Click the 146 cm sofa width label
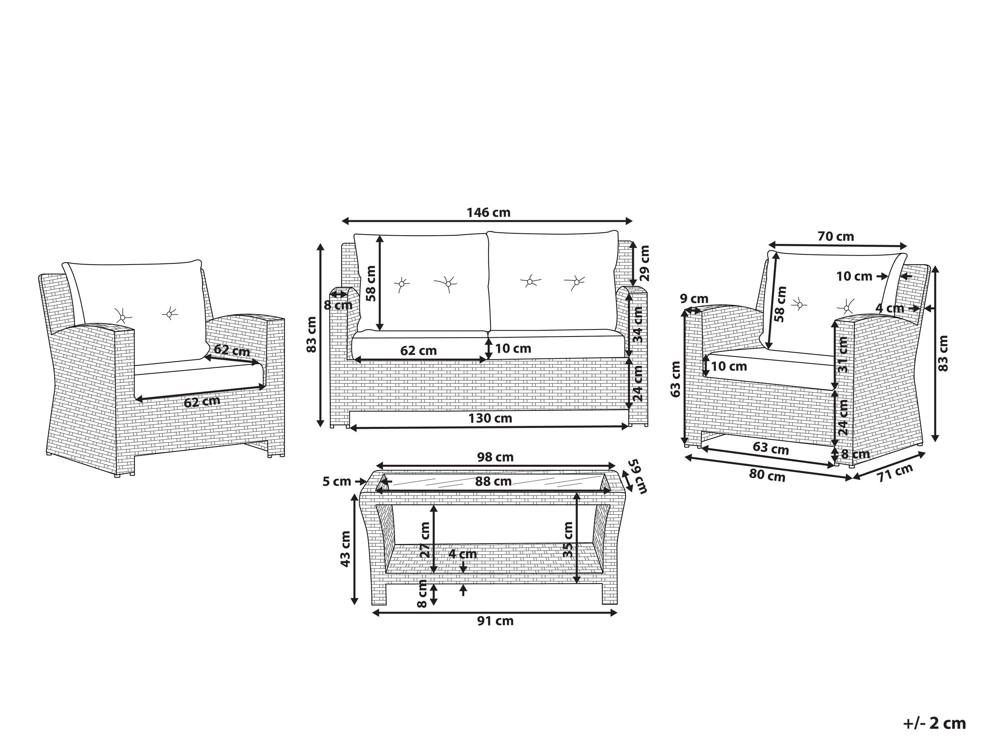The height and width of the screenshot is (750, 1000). (x=488, y=213)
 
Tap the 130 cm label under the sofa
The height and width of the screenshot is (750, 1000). (x=490, y=418)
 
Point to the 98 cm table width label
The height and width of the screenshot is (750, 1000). (x=496, y=458)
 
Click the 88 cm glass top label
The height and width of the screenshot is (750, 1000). (x=493, y=482)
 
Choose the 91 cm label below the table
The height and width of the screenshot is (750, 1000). (x=496, y=621)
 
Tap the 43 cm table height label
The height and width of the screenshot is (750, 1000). (x=345, y=549)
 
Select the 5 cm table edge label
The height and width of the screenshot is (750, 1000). (x=337, y=482)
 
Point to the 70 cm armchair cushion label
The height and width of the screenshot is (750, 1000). (x=836, y=236)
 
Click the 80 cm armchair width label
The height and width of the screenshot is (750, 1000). (x=767, y=475)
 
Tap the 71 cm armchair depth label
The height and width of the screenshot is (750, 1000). (x=895, y=473)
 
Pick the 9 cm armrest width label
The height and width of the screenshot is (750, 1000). (x=694, y=299)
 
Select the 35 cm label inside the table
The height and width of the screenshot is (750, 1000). (x=568, y=539)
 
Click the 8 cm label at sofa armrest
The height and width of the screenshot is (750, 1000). (x=338, y=305)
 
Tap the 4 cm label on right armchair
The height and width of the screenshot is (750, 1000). (x=890, y=308)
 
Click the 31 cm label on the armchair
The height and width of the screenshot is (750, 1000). (x=843, y=354)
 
